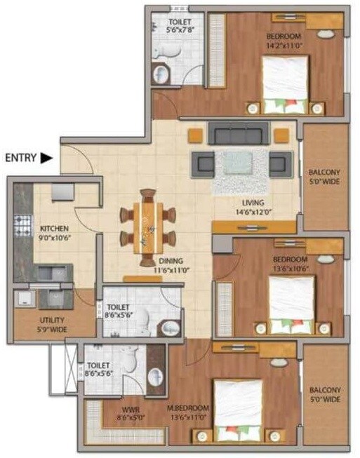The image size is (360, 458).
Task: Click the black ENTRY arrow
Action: (x=46, y=159)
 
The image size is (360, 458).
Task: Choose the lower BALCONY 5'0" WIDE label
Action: (x=325, y=395)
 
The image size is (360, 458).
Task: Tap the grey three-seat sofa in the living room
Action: (x=236, y=133)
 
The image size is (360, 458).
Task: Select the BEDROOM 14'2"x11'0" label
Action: (x=284, y=41)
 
